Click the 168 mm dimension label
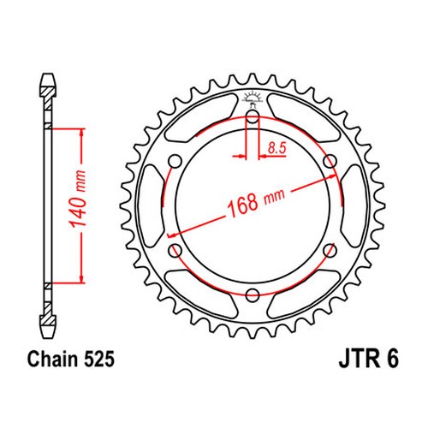tap(256, 202)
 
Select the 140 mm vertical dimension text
tap(78, 199)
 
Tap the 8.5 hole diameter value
tap(276, 148)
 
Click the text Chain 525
tap(71, 359)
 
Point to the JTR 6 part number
tap(368, 359)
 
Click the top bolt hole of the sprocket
tap(253, 117)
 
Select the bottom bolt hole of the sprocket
tap(253, 295)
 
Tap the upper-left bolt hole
tap(175, 162)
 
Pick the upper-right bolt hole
tap(330, 162)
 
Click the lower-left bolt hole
tap(175, 251)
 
